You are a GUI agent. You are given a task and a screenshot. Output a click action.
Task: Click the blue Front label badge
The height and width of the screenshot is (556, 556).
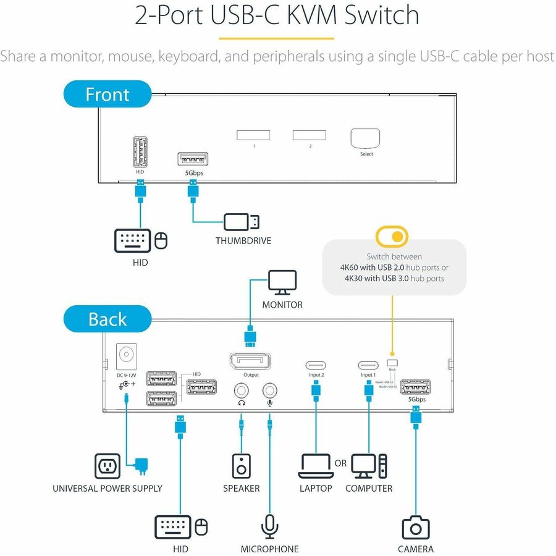coord(107,95)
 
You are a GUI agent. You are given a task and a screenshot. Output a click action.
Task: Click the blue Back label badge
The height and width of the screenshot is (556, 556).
coord(107,319)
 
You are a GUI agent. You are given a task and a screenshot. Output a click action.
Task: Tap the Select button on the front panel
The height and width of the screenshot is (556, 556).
coord(366,138)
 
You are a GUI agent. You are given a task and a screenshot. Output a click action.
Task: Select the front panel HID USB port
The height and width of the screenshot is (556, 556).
coord(140,151)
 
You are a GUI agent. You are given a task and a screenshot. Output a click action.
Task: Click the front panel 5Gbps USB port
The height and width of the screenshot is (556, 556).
coord(193,159)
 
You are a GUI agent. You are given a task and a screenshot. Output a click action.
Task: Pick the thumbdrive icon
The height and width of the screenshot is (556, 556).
coord(242,222)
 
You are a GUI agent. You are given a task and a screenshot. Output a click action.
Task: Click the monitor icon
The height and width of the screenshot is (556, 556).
coord(282,284)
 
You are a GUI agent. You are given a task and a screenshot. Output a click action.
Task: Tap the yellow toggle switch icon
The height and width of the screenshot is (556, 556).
coord(392,237)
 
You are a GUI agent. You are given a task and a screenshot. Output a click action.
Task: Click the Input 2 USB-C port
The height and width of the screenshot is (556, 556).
coord(316,364)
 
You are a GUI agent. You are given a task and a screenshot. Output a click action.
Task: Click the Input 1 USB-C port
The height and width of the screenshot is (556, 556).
coord(368,364)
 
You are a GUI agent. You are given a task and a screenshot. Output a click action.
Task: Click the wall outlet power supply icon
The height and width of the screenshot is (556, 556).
coord(107,466)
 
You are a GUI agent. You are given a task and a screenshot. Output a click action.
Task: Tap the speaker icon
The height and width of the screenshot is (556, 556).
coord(241,466)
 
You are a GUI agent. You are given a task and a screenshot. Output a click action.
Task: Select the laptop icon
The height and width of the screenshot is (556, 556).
coord(316,466)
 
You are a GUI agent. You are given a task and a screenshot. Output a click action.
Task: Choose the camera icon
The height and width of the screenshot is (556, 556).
coord(416,528)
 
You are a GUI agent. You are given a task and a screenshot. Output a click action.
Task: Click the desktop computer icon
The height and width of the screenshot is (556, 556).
coord(369,466)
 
